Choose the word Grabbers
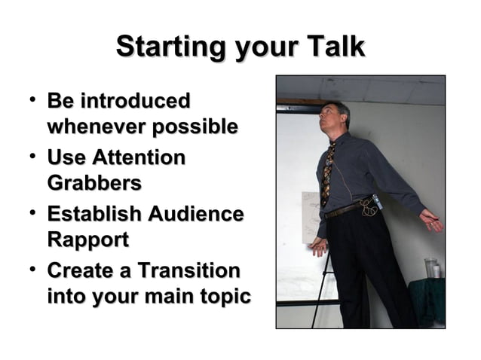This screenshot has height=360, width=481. (94, 184)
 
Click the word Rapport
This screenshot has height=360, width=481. (87, 240)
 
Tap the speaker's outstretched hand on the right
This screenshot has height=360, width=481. (430, 220)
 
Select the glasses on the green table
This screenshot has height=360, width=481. (431, 267)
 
